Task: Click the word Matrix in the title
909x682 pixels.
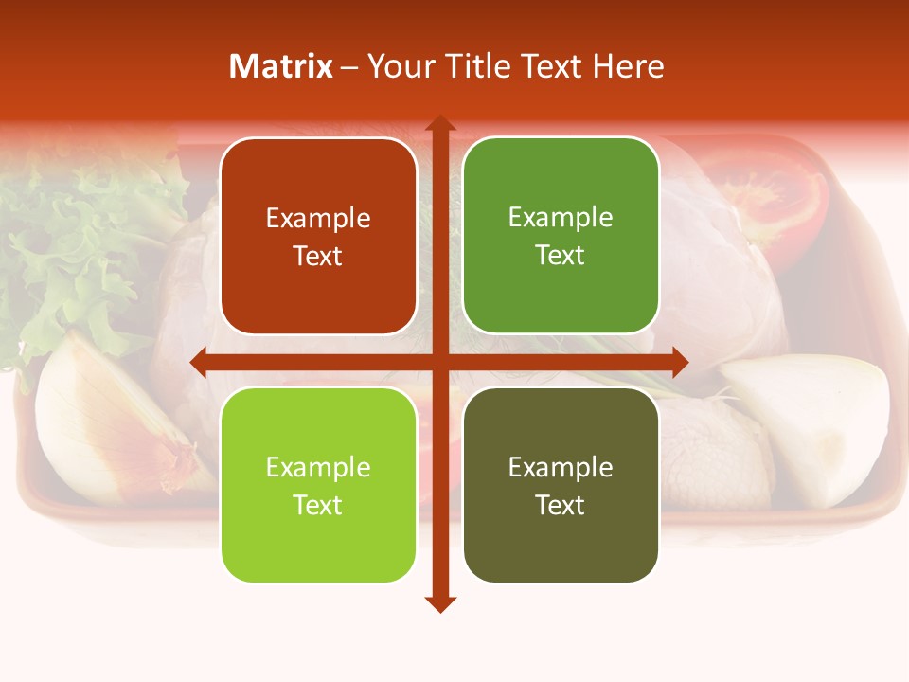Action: coord(281,66)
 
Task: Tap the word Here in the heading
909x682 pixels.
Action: coord(628,66)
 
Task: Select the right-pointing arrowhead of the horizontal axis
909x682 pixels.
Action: coord(680,362)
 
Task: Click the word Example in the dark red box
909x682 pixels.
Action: coord(318,219)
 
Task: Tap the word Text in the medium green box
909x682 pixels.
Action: coord(561,256)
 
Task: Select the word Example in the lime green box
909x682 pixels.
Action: coord(318,468)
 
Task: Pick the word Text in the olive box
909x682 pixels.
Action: coord(561,505)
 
